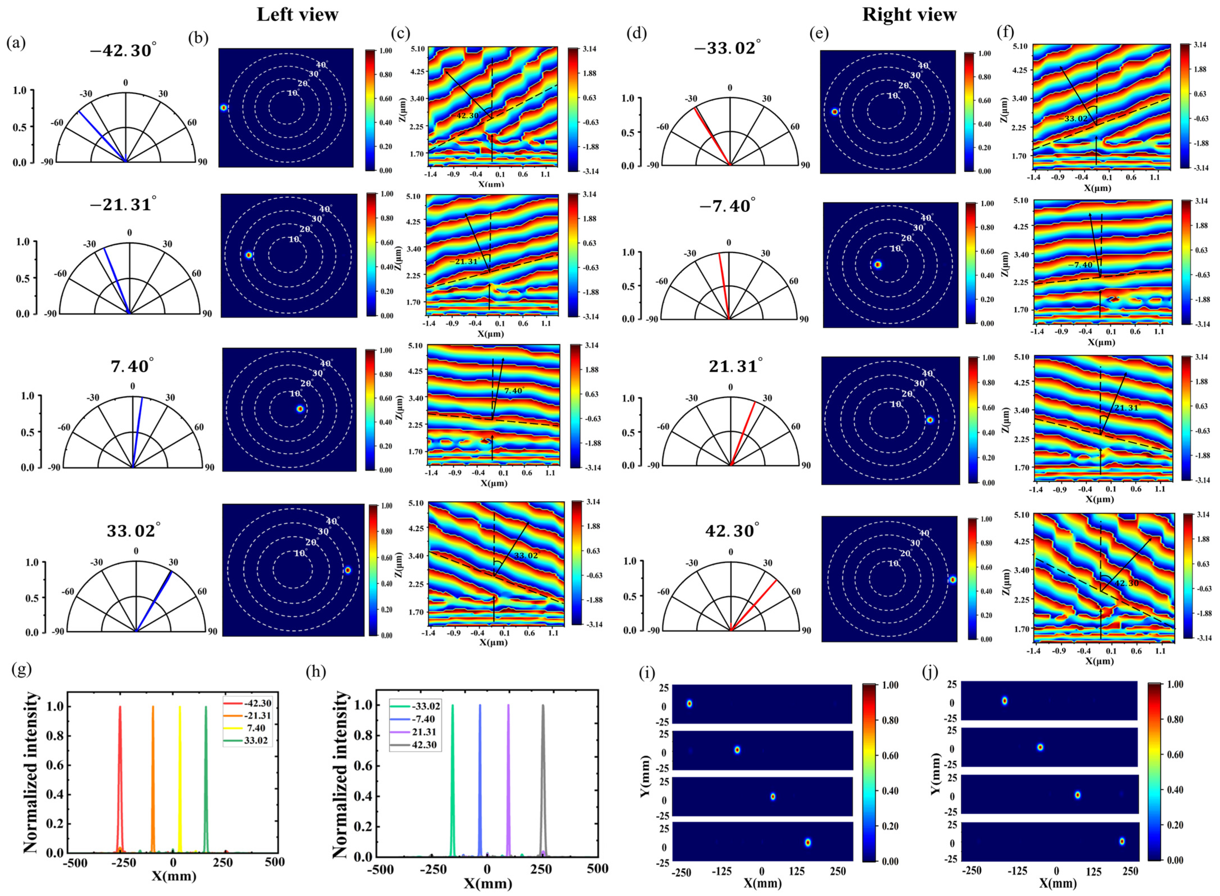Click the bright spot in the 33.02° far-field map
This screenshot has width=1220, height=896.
tap(347, 570)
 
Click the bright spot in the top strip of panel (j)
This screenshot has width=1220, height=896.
tap(1004, 701)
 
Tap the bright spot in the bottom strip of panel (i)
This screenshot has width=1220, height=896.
tap(807, 842)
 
